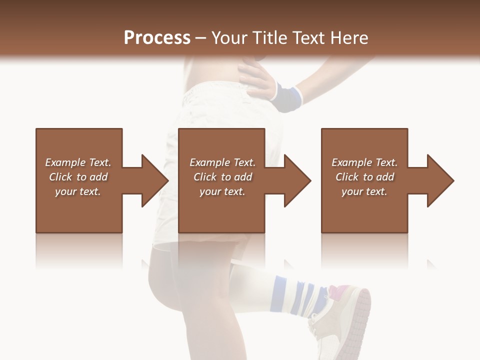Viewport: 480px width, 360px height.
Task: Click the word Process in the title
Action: coord(157,38)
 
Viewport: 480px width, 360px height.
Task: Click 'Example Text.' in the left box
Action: coord(78,162)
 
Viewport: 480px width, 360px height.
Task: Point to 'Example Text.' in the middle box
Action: coord(222,162)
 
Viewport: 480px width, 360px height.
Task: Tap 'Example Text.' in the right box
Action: coord(364,162)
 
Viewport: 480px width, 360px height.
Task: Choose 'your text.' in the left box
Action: coord(78,191)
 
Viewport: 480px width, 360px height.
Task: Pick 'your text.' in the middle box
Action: coord(222,191)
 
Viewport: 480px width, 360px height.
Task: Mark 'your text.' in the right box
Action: coord(364,191)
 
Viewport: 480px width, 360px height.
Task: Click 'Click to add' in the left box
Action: coord(78,177)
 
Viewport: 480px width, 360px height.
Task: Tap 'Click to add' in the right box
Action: coord(364,177)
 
